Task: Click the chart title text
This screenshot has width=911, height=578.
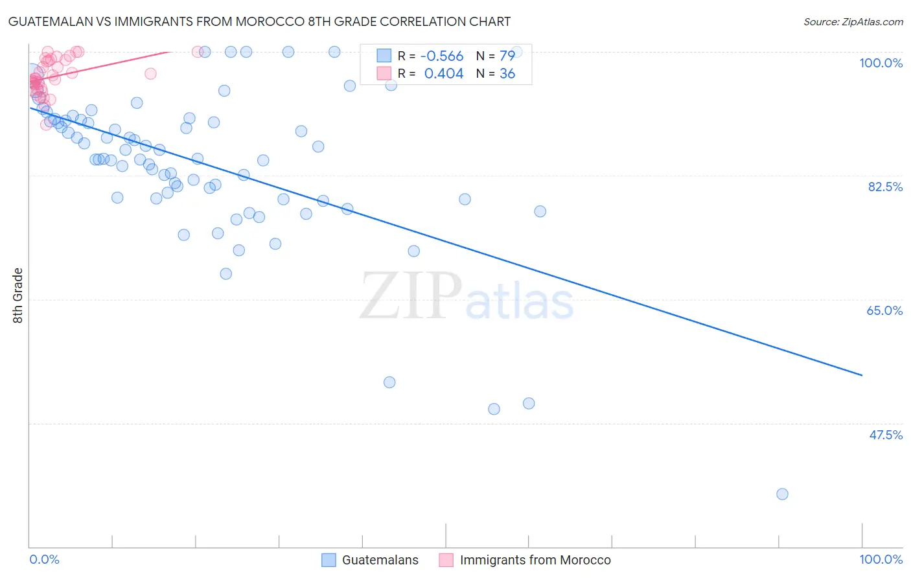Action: click(x=259, y=21)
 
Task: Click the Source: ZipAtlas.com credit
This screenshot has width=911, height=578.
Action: click(x=853, y=21)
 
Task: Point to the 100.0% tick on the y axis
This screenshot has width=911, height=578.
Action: click(x=881, y=63)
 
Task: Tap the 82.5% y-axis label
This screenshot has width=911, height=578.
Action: click(x=885, y=187)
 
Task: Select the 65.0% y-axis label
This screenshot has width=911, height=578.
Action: click(x=884, y=310)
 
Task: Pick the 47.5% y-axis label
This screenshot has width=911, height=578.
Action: click(x=885, y=435)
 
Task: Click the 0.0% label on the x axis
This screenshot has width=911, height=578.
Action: click(x=45, y=559)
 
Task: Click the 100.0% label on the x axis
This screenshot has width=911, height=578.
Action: click(x=881, y=559)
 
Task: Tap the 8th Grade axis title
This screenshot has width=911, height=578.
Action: click(x=18, y=295)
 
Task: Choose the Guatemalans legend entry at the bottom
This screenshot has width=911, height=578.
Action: click(x=380, y=560)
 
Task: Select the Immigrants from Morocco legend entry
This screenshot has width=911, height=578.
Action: click(x=535, y=560)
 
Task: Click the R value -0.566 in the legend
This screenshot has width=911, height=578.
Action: click(x=441, y=56)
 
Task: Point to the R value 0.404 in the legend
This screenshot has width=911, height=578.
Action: click(x=443, y=74)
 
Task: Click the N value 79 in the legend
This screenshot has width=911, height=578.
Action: click(x=507, y=56)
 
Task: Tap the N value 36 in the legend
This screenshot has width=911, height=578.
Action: click(x=507, y=74)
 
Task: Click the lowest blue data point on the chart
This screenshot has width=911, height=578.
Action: click(x=782, y=494)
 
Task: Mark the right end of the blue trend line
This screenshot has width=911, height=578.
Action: click(x=862, y=375)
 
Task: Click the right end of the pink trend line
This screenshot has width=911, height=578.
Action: click(x=170, y=51)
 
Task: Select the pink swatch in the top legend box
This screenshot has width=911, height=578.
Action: click(x=384, y=73)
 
